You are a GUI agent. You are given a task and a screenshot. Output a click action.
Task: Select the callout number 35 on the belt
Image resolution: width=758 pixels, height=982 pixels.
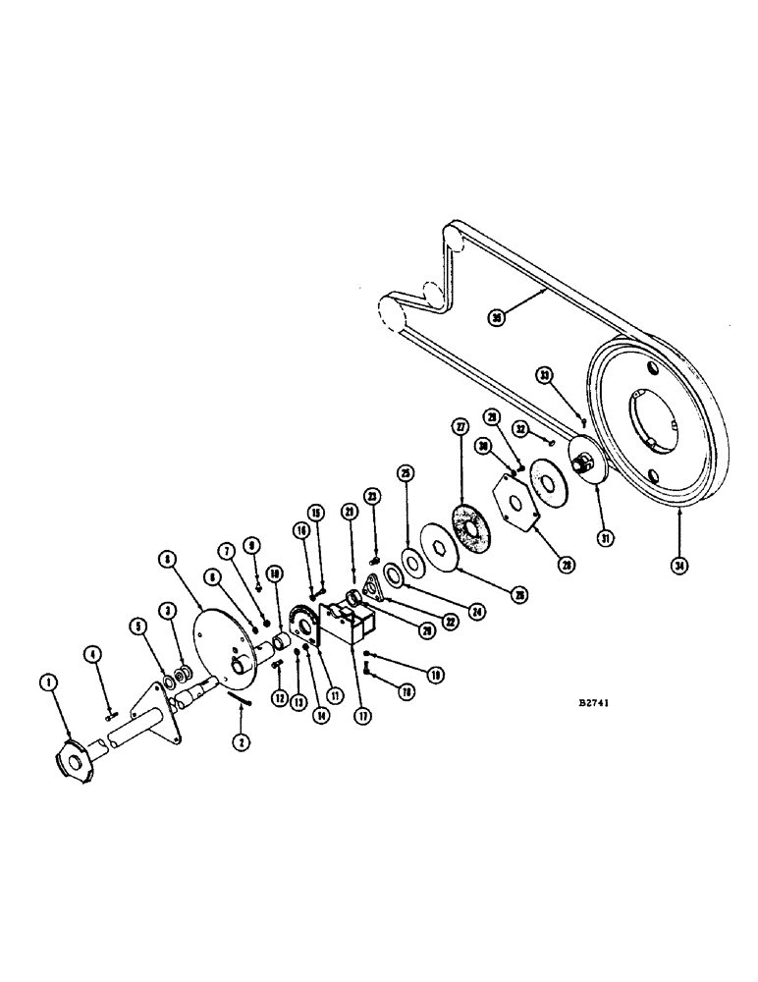click(497, 317)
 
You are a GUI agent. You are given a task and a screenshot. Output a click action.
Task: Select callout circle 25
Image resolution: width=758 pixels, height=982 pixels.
click(405, 472)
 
